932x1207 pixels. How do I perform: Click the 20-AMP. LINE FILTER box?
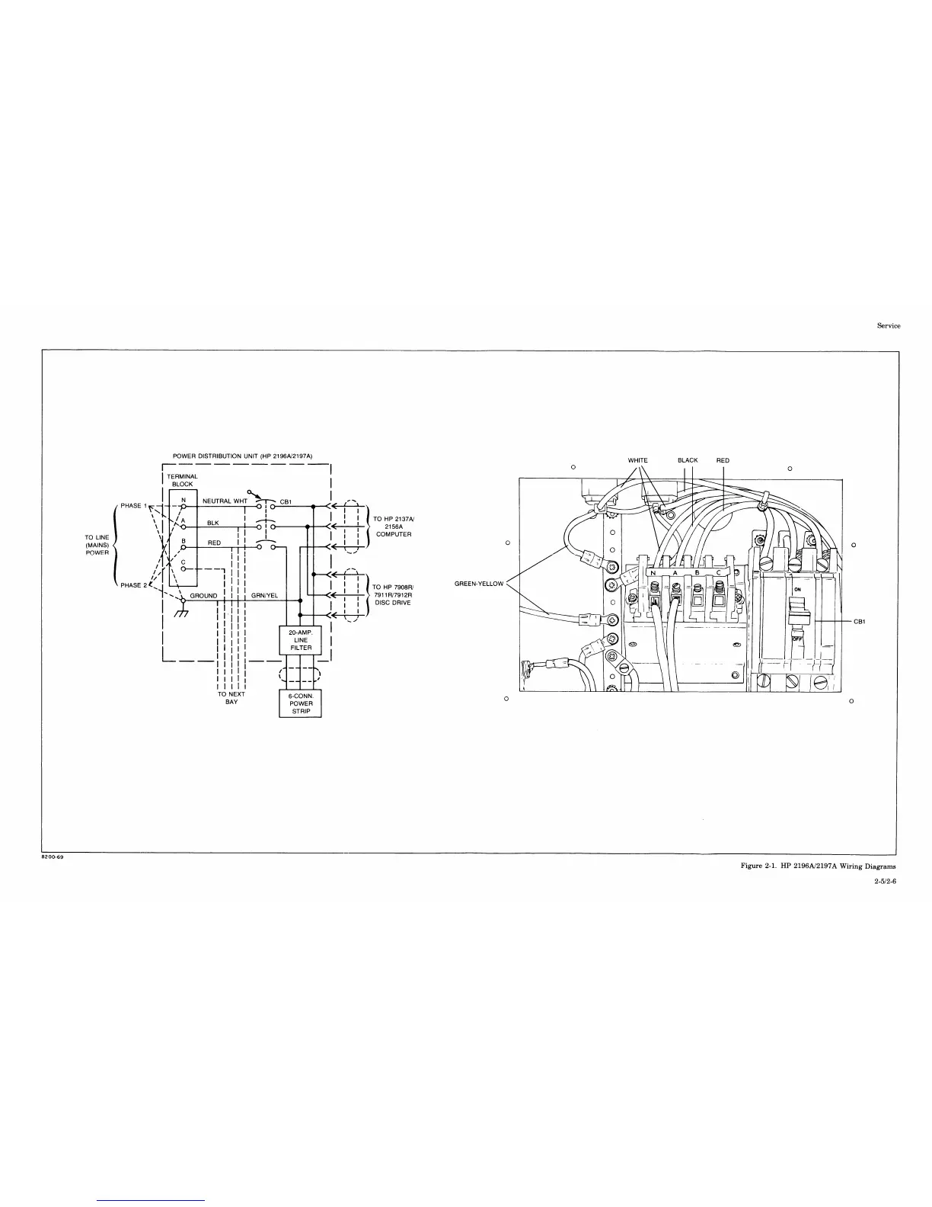[300, 640]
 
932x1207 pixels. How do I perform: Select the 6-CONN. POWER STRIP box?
[300, 703]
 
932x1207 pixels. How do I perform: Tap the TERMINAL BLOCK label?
[182, 481]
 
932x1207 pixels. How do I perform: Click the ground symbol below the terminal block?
[181, 610]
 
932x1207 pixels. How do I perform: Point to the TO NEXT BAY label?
[231, 698]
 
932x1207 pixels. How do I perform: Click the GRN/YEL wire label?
[264, 595]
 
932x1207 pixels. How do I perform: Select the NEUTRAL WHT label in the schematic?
[225, 501]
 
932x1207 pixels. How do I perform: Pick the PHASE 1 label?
[134, 505]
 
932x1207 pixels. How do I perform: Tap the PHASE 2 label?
[134, 585]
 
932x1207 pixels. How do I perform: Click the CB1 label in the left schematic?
[286, 501]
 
